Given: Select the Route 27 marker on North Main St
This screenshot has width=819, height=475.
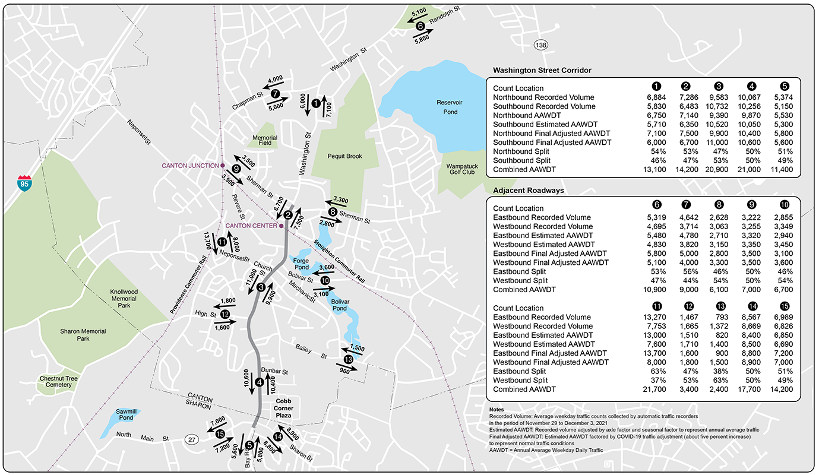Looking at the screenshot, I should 191,439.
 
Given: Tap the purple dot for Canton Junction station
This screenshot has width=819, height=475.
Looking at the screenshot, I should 222,166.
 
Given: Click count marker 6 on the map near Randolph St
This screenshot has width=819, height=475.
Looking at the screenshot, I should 420,26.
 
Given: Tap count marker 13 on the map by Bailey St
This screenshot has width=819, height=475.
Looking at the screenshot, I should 348,359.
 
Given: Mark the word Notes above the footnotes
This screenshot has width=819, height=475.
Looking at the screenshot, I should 497,410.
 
